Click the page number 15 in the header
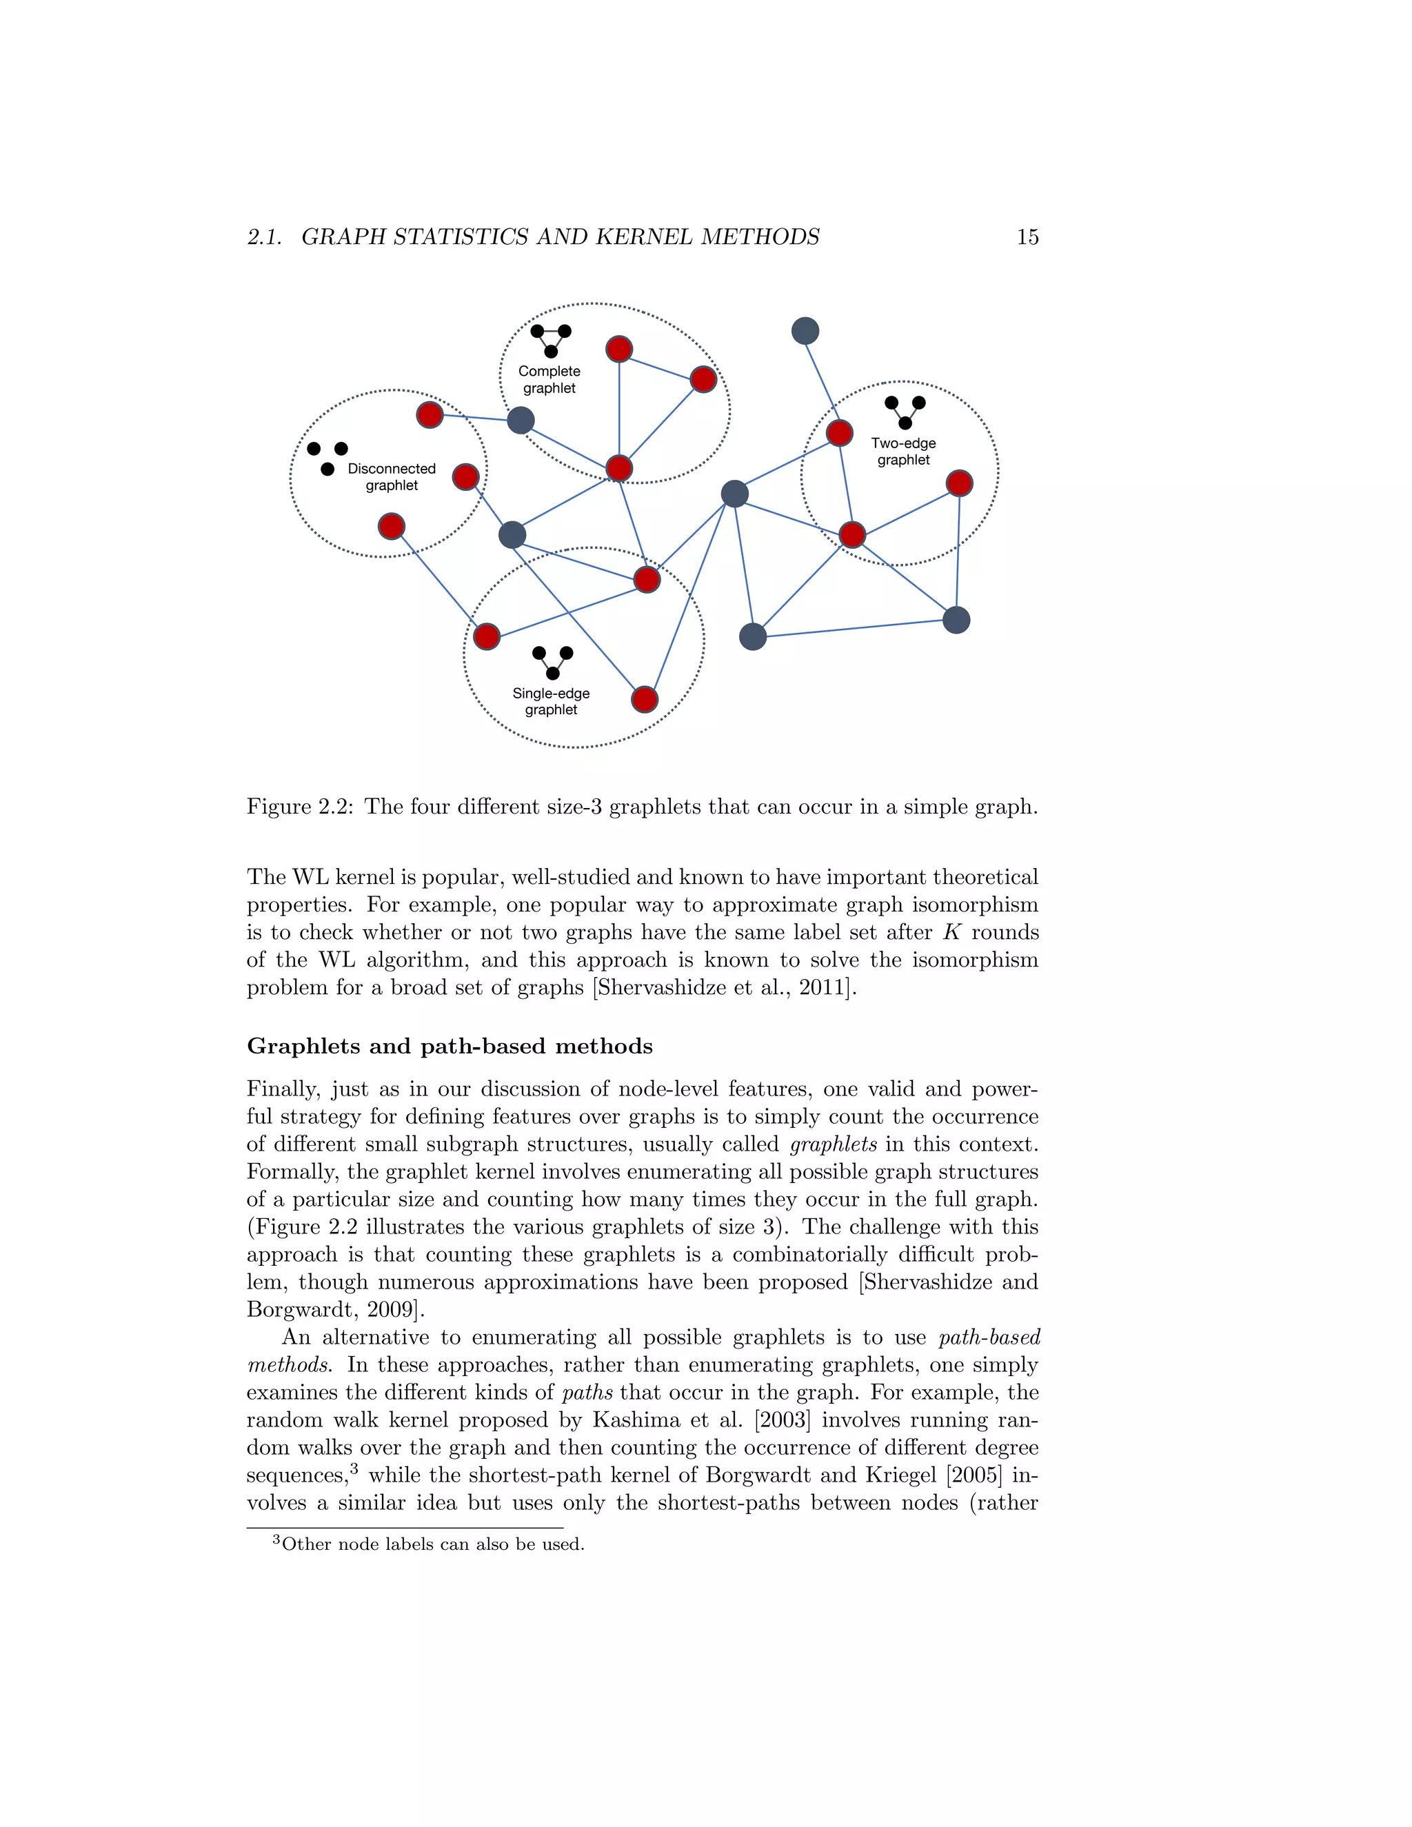click(1027, 238)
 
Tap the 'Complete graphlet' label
click(549, 380)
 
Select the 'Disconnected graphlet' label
click(392, 477)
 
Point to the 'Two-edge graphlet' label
click(902, 452)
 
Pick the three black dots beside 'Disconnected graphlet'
click(327, 458)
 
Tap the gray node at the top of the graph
click(805, 331)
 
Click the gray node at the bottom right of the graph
click(956, 620)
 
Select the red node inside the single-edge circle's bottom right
click(644, 698)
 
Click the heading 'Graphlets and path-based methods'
click(450, 1047)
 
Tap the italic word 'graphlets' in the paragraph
click(832, 1144)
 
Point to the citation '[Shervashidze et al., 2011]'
click(725, 988)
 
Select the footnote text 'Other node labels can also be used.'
click(432, 1544)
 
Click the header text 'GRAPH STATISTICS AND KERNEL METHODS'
click(560, 238)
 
